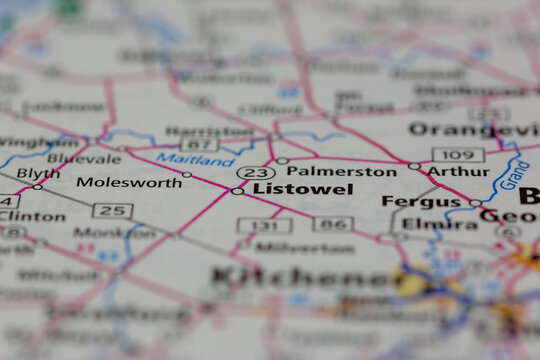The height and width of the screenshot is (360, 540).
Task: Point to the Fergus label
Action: point(408,201)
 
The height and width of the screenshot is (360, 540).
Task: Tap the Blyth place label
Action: point(37,173)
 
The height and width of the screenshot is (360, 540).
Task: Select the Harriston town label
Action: point(209,131)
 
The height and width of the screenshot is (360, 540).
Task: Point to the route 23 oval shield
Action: point(255,172)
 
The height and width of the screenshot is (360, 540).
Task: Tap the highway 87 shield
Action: point(198,146)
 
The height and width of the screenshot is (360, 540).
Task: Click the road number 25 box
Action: point(112,210)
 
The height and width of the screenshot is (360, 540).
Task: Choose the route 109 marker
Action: point(458,154)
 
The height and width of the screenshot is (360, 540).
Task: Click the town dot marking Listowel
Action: point(237,191)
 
